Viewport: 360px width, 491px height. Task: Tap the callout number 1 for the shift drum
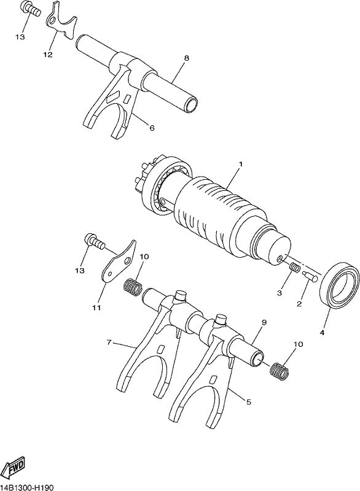240,164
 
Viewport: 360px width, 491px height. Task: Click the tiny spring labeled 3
294,268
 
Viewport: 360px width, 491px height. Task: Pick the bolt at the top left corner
31,10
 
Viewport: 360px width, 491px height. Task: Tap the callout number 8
186,58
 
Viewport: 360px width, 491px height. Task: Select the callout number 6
152,128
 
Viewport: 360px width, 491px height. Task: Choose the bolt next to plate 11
93,242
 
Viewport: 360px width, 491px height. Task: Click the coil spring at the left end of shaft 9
133,287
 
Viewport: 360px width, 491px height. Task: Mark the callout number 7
109,342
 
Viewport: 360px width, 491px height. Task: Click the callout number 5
249,402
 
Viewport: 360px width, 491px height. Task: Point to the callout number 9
264,322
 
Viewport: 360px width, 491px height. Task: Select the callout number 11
97,307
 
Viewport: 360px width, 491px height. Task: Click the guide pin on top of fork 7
181,296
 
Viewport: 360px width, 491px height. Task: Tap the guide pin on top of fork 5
221,319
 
